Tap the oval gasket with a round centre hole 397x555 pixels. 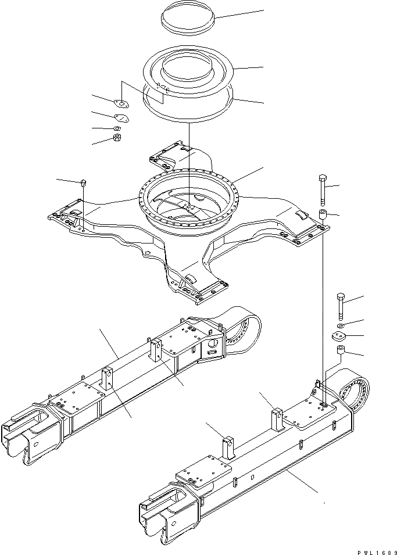[x=121, y=105]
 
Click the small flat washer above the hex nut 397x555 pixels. [x=117, y=128]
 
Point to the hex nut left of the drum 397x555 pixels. [x=116, y=138]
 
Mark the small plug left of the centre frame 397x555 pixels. [x=83, y=182]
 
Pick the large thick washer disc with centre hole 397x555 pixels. [x=339, y=336]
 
